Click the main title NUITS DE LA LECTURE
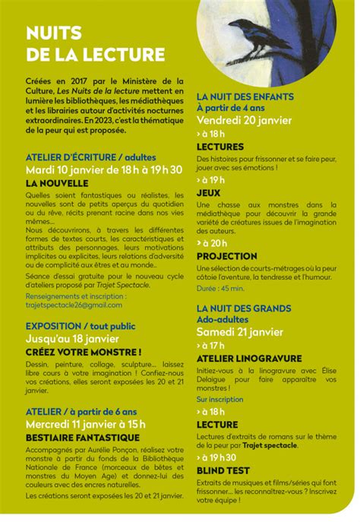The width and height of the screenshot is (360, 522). click(x=95, y=43)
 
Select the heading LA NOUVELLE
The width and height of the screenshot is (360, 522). click(x=57, y=183)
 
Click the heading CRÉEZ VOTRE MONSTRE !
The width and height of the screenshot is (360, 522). click(x=84, y=352)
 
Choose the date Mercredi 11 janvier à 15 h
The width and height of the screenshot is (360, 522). click(x=85, y=424)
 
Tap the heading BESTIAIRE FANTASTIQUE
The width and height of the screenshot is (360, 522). click(x=82, y=438)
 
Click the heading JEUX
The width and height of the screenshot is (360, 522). click(x=208, y=194)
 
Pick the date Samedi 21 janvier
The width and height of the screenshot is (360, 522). click(x=239, y=331)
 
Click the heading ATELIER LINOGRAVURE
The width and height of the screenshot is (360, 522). click(x=248, y=358)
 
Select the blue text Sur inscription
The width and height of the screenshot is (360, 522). click(x=220, y=399)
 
